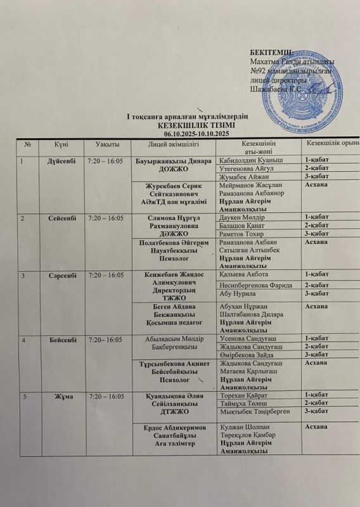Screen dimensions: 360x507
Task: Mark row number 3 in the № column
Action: (x=24, y=275)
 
